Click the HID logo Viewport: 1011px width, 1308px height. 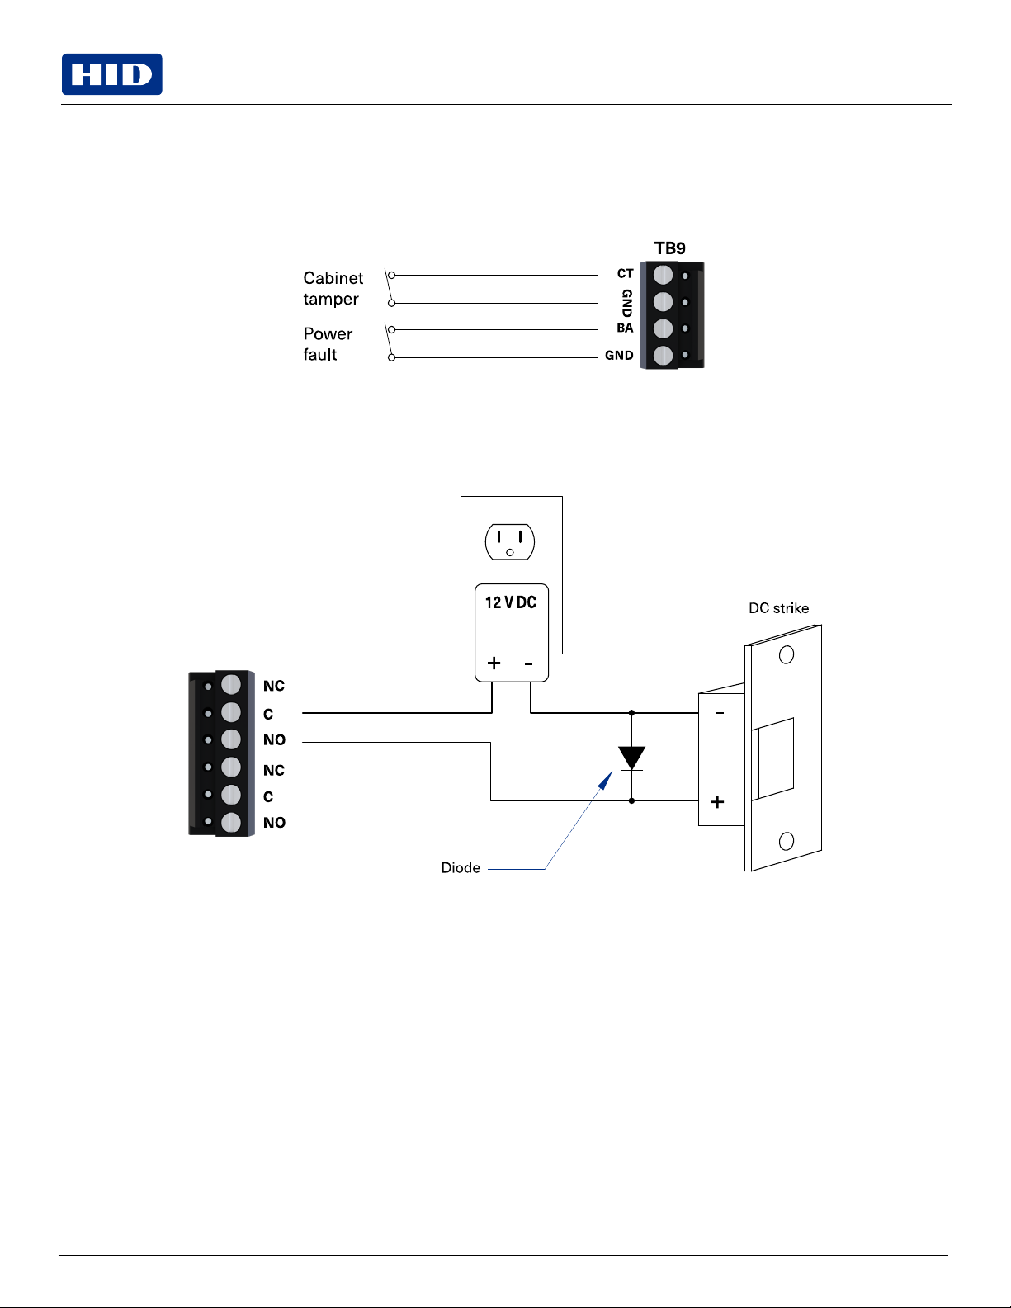[x=112, y=74]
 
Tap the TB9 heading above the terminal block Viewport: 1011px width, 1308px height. [x=669, y=248]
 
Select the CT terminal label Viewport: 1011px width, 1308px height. [x=625, y=273]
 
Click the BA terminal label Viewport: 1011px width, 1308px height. [x=625, y=328]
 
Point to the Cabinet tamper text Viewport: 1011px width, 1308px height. [x=333, y=288]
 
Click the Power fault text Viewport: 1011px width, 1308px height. [x=327, y=344]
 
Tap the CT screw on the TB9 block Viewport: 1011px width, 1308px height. [x=663, y=275]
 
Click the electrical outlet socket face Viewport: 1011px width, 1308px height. [x=510, y=541]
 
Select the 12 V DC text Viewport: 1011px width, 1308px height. [x=510, y=602]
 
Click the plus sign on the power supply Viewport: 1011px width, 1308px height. [x=494, y=663]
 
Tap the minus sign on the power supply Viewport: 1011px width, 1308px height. [x=528, y=663]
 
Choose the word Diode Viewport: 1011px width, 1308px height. [x=461, y=867]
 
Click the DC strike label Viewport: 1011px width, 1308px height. [x=778, y=608]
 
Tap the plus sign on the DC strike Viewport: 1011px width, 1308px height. [x=717, y=801]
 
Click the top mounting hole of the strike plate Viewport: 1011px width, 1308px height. [x=787, y=654]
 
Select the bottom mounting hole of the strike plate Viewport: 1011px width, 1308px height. [x=787, y=841]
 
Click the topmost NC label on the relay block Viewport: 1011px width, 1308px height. [x=274, y=686]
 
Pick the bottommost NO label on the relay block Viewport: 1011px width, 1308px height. [x=274, y=823]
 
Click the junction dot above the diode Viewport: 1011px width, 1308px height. [x=631, y=712]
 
